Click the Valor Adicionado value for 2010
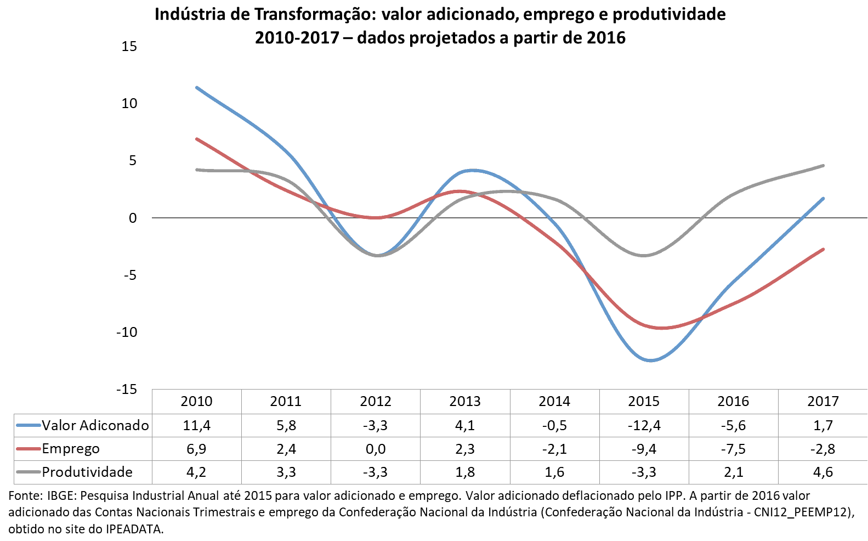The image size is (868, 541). (x=196, y=426)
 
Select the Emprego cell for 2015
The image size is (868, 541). (x=644, y=449)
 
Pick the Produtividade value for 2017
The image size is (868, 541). (x=822, y=472)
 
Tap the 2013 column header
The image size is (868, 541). (x=465, y=402)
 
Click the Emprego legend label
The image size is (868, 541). (x=71, y=449)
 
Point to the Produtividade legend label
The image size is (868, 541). (x=87, y=472)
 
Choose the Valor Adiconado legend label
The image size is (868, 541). (x=95, y=426)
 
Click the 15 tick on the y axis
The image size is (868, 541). (x=129, y=47)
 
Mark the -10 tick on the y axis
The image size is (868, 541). (x=126, y=333)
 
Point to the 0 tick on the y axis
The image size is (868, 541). (x=133, y=218)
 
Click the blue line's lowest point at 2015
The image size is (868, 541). (x=650, y=360)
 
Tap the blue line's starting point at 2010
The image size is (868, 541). (x=197, y=87)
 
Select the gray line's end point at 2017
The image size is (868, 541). (x=823, y=165)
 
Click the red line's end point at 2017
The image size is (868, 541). (x=823, y=250)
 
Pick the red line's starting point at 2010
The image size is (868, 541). (x=197, y=139)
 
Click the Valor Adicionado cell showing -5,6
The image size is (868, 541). (x=733, y=426)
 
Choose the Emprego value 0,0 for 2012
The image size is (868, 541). (x=376, y=449)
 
